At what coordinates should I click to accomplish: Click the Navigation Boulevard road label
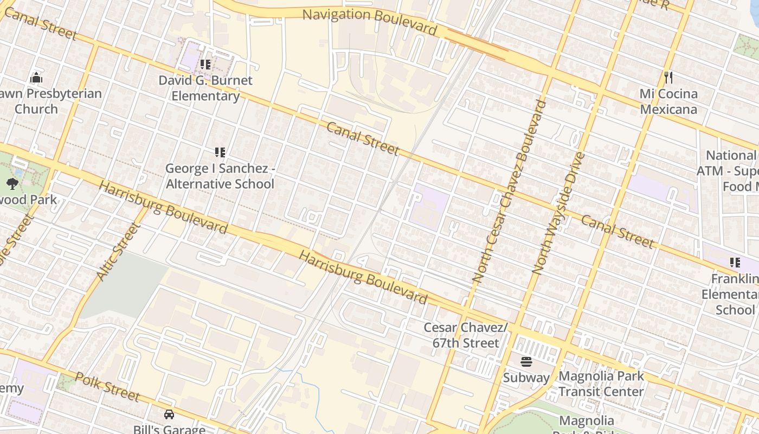(369, 21)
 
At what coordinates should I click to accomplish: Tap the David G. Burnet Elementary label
(205, 88)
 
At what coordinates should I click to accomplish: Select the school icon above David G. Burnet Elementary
(205, 65)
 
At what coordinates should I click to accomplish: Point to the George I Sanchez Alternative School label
(220, 176)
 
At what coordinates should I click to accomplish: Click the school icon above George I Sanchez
(220, 152)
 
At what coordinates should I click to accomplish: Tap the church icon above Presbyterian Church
(36, 78)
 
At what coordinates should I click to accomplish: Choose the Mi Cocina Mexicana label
(668, 101)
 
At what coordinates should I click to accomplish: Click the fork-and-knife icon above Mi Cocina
(668, 78)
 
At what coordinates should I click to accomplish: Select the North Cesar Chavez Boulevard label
(507, 191)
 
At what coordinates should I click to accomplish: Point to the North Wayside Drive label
(558, 213)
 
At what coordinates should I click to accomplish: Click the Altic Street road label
(118, 252)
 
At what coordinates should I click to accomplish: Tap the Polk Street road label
(107, 386)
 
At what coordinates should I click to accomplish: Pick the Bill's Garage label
(169, 429)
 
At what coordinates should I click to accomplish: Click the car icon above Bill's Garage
(169, 414)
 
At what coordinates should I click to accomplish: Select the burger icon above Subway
(526, 362)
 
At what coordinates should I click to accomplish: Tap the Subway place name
(526, 378)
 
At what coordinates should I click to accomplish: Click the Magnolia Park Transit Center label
(601, 384)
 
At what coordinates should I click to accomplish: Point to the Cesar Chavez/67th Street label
(466, 335)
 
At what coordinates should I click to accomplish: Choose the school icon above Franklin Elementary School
(735, 263)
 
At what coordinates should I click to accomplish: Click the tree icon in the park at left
(12, 184)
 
